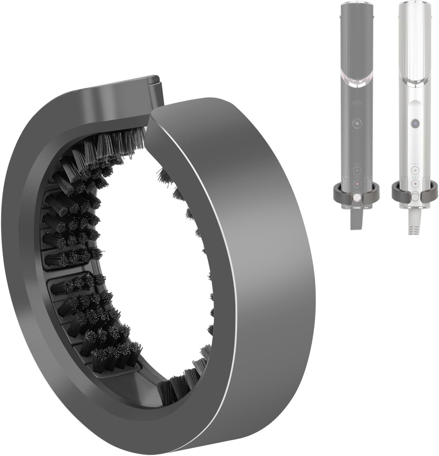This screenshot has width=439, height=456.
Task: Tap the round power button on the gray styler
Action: pyautogui.click(x=357, y=123)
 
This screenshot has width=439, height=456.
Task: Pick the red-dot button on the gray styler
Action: pyautogui.click(x=357, y=183)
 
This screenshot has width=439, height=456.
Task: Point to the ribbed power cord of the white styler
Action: pyautogui.click(x=414, y=223)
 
